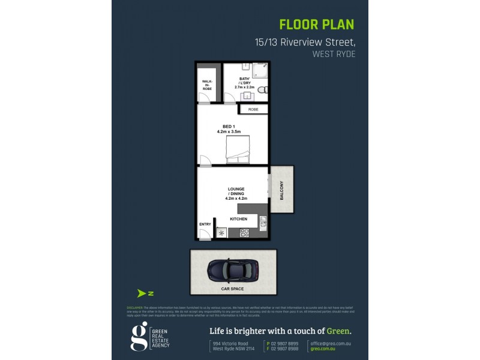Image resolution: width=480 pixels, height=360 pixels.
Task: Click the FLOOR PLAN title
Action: [317, 25]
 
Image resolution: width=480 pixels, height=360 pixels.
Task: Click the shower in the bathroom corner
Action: [259, 71]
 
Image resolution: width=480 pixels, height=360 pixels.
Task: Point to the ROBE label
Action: [253, 109]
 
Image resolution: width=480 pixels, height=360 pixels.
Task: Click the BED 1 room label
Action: [228, 128]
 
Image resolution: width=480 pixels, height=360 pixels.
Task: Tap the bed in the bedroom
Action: [238, 148]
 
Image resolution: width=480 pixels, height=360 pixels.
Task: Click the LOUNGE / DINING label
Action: [236, 193]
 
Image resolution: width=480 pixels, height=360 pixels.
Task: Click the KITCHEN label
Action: [238, 219]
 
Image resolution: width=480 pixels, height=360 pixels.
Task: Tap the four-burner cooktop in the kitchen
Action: [244, 233]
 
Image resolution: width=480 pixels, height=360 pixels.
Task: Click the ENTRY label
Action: [205, 224]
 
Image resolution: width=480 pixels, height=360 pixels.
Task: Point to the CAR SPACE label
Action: [232, 289]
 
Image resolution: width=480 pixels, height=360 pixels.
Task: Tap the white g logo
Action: [139, 337]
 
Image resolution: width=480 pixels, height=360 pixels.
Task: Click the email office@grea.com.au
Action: [331, 343]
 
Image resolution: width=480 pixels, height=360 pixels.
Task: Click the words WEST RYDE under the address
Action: [334, 54]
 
